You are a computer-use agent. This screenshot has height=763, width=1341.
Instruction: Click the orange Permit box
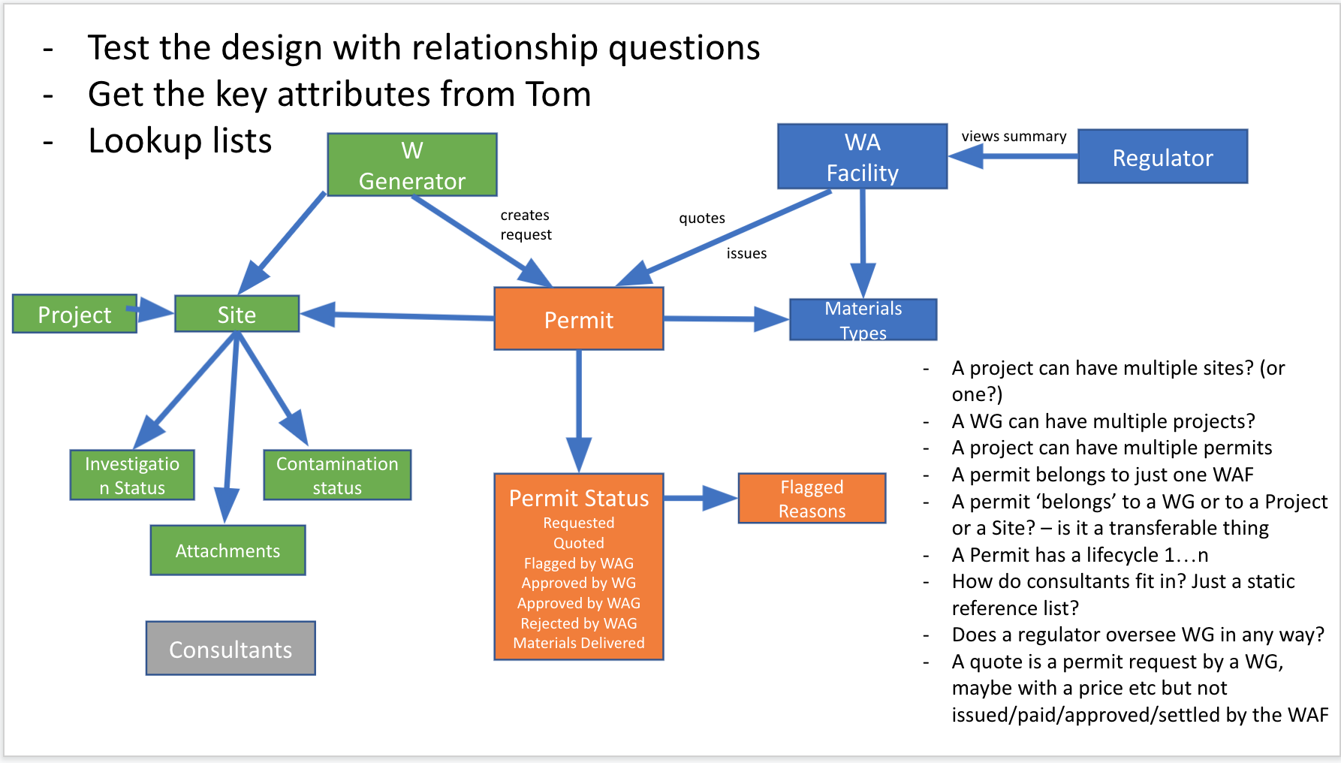[x=578, y=319]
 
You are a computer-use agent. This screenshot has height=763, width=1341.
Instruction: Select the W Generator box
[x=411, y=165]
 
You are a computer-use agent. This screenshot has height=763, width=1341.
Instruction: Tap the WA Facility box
[x=862, y=157]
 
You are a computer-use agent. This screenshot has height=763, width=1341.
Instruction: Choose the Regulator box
[x=1162, y=157]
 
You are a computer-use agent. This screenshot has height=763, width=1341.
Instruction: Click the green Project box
[x=74, y=314]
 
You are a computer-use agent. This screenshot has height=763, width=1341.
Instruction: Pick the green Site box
[x=237, y=314]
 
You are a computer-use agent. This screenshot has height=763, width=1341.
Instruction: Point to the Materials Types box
[x=863, y=320]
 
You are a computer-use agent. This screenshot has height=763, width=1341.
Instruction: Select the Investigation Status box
[x=132, y=475]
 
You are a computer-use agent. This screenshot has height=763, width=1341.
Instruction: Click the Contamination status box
[x=337, y=475]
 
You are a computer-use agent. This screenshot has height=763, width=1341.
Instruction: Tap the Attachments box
[x=228, y=550]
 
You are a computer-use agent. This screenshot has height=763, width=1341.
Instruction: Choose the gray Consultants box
[x=231, y=649]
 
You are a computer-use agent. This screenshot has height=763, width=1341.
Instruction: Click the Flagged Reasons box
[x=812, y=499]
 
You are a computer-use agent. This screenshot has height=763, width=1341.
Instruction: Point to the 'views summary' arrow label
[x=1014, y=136]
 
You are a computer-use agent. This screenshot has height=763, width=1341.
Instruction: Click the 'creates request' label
[x=526, y=225]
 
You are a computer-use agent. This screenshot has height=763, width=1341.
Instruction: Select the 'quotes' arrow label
[x=702, y=218]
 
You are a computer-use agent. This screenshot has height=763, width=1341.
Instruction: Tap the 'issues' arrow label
[x=746, y=253]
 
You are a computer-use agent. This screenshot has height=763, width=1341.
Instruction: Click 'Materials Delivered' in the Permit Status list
[x=578, y=643]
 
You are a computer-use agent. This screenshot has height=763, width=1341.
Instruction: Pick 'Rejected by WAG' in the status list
[x=578, y=623]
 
